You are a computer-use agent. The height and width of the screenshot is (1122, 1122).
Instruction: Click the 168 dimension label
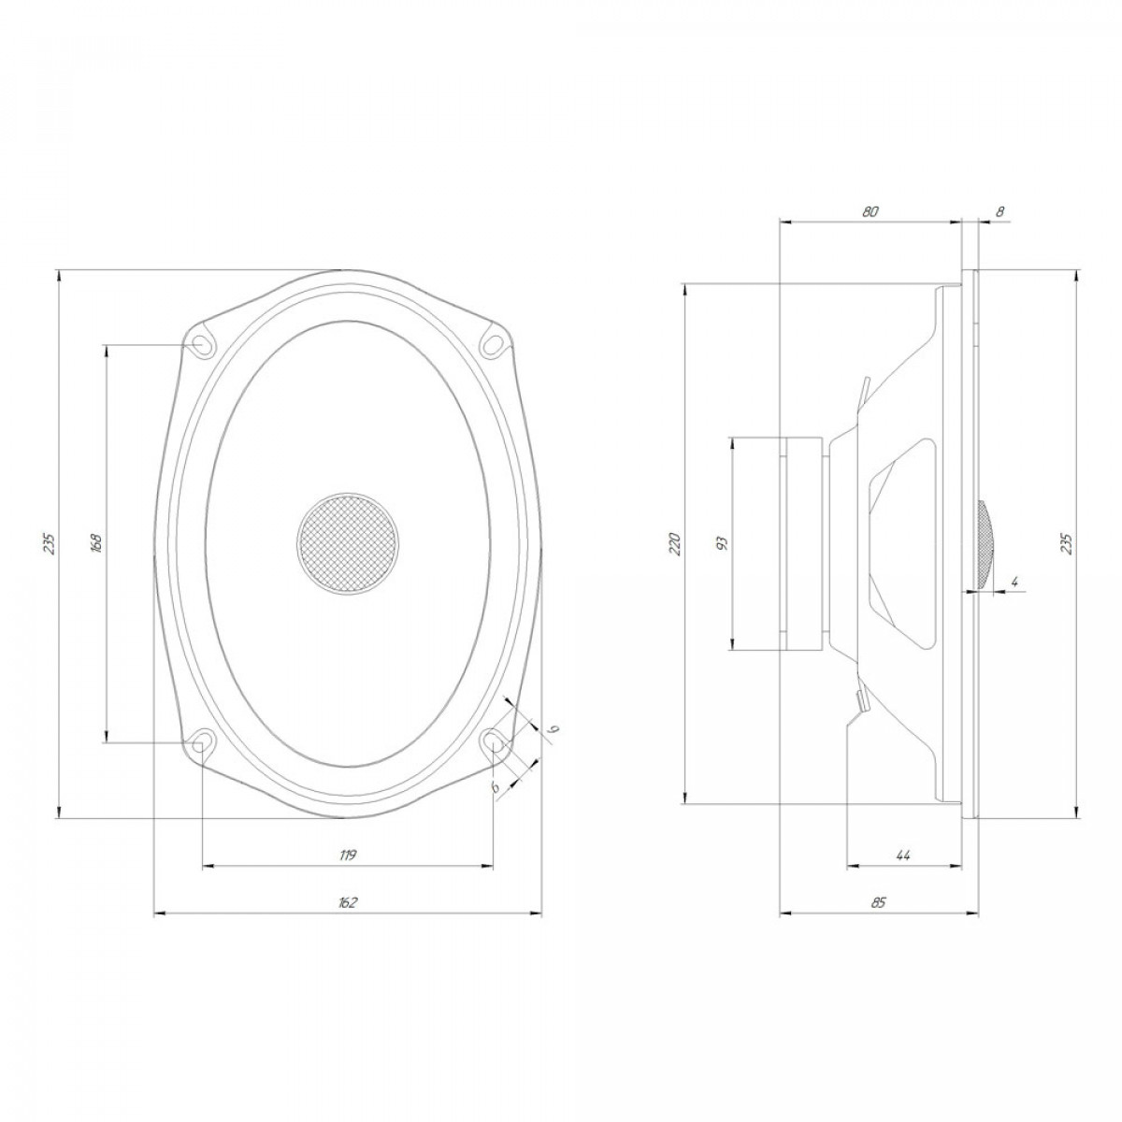tap(96, 542)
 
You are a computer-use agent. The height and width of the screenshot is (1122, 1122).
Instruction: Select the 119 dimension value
tap(348, 856)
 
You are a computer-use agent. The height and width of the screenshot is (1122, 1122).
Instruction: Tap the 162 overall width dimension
tap(348, 903)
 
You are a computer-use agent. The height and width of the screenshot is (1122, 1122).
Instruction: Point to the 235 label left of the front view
tap(50, 543)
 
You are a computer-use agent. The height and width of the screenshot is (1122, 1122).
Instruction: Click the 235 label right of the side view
tap(1067, 543)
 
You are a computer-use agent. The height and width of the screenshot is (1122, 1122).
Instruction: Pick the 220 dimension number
tap(675, 543)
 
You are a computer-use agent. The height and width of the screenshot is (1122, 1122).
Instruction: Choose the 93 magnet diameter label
tap(723, 543)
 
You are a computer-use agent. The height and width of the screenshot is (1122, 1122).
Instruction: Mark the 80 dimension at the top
tap(870, 212)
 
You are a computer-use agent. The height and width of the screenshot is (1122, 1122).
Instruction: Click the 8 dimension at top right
tap(1000, 212)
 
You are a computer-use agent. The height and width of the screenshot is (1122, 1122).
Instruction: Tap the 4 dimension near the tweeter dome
tap(1015, 581)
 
